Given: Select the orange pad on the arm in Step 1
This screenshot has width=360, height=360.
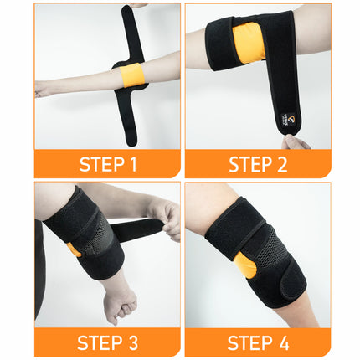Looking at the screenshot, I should click(x=133, y=76).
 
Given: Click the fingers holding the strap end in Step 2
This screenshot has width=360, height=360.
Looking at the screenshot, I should click(x=295, y=141).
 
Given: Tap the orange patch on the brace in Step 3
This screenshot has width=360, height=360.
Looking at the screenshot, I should click(x=75, y=249).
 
